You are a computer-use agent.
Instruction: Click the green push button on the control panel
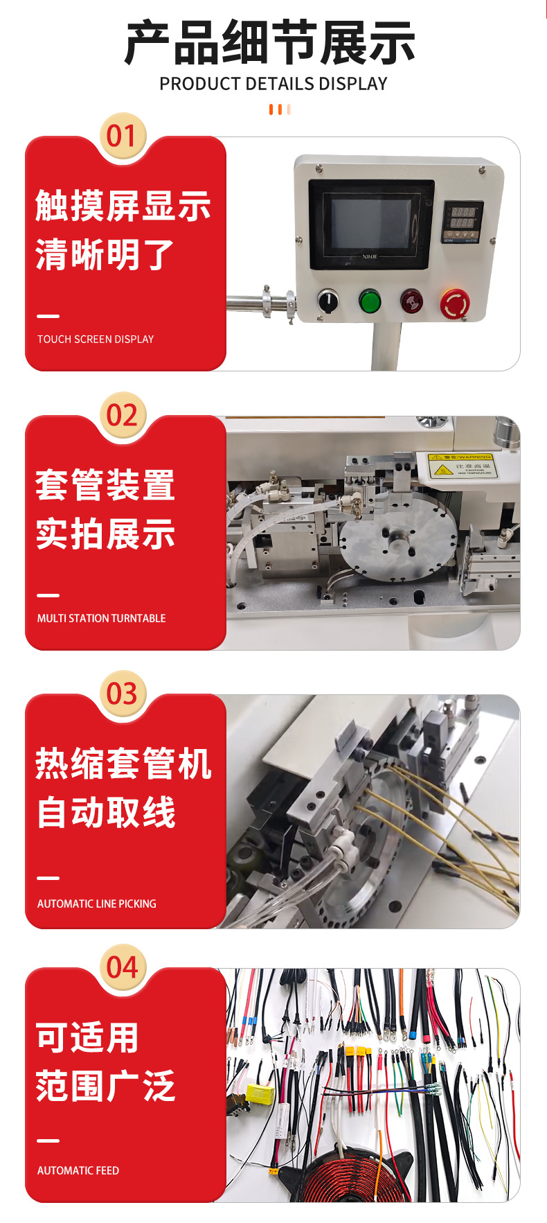point(370,301)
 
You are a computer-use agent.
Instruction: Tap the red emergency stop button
point(455,303)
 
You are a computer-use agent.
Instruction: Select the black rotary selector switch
point(328,301)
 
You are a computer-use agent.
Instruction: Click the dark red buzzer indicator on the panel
point(412,301)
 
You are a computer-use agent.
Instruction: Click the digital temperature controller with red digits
point(462,222)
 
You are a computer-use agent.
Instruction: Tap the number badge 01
point(123,136)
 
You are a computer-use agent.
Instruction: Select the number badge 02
point(123,415)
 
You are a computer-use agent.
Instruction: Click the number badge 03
point(123,694)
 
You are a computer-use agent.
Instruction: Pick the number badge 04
point(123,967)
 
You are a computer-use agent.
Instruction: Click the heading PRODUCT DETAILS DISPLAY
point(273,84)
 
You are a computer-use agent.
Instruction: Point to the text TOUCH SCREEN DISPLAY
point(96,339)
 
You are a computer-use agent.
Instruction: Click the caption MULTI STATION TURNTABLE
point(101,618)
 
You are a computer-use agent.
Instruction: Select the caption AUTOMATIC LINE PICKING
point(96,904)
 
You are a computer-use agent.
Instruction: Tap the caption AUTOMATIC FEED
point(78,1170)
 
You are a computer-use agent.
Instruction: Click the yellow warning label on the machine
point(460,465)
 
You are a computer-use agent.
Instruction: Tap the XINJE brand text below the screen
point(370,256)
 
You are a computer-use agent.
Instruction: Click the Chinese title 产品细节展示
point(270,43)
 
